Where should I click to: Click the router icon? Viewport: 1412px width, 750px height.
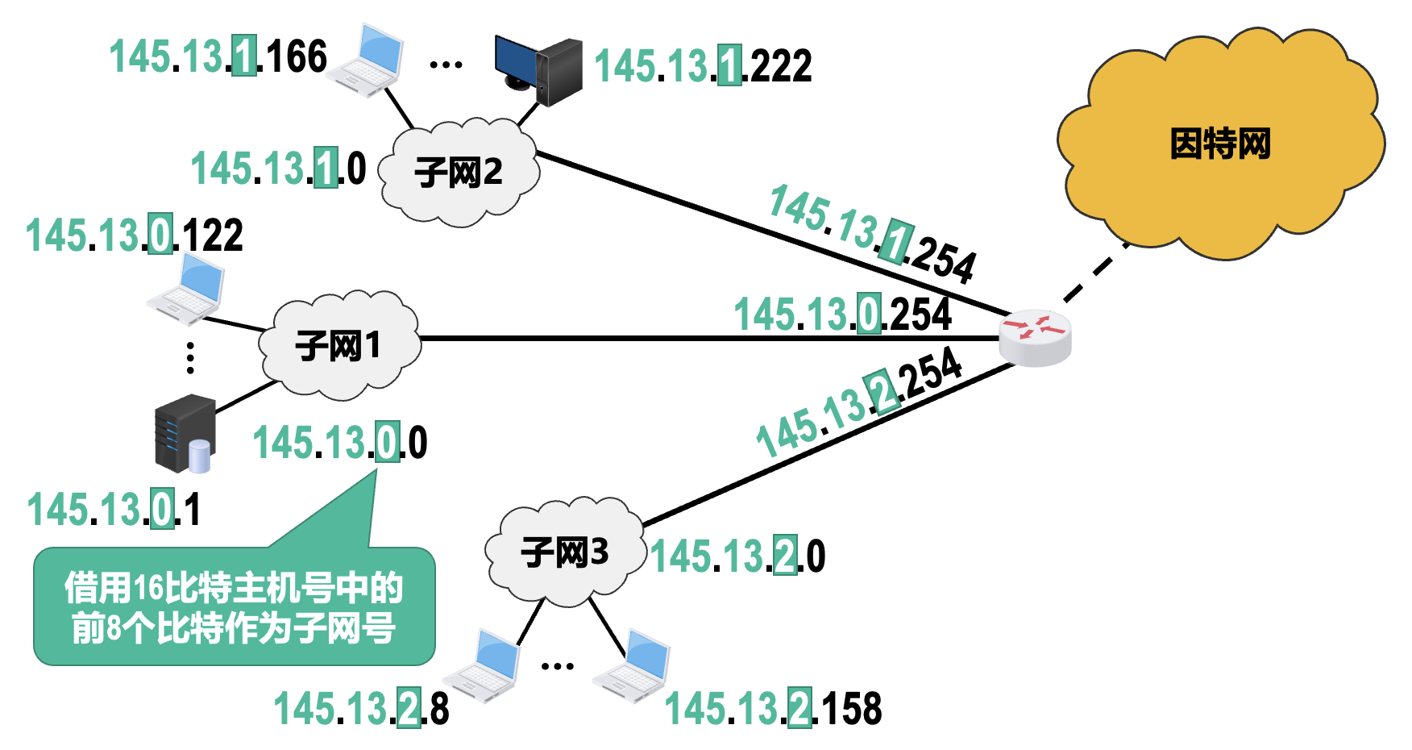(x=1035, y=337)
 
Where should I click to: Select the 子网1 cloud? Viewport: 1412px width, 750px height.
(x=338, y=346)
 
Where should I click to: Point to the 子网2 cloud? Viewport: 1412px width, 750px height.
(x=458, y=172)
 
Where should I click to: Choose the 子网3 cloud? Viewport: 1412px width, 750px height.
(x=564, y=553)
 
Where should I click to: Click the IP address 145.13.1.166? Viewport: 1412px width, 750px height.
(x=218, y=57)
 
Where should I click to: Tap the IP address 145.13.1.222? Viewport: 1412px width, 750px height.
(x=703, y=66)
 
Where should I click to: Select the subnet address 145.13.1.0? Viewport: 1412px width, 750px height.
(x=278, y=169)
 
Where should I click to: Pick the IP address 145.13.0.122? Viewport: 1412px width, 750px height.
(x=135, y=235)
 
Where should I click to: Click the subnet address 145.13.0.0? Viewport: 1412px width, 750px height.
(x=340, y=443)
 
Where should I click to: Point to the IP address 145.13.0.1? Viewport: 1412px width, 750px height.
(x=114, y=510)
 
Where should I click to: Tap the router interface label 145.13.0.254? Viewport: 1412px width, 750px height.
(x=842, y=315)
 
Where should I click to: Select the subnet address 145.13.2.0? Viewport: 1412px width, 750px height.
(x=737, y=556)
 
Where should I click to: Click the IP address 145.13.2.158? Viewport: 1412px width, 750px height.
(x=773, y=709)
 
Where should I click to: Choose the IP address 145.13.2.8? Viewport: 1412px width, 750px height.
(x=361, y=709)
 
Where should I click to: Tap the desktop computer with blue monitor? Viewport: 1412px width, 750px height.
(x=538, y=71)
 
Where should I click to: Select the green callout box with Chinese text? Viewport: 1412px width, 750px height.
(x=234, y=606)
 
